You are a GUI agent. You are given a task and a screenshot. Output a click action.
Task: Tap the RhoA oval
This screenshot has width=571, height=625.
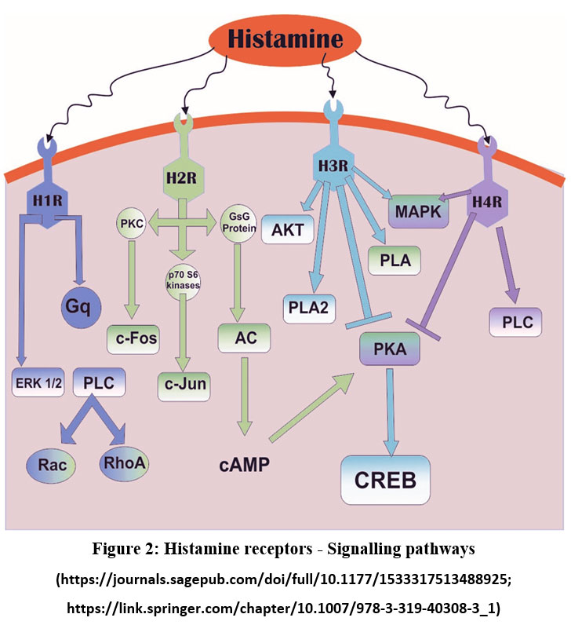[x=121, y=463]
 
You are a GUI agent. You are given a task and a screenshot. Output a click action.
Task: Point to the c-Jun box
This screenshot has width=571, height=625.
[x=185, y=386]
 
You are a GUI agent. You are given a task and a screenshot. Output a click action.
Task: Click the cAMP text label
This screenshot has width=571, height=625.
[x=244, y=464]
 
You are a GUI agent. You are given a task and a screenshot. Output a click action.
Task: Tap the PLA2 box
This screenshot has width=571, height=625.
[x=309, y=306]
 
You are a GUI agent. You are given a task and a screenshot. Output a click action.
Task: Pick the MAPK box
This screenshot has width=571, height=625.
[x=418, y=212]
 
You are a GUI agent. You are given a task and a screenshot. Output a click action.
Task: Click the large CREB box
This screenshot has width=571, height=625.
[x=385, y=479]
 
